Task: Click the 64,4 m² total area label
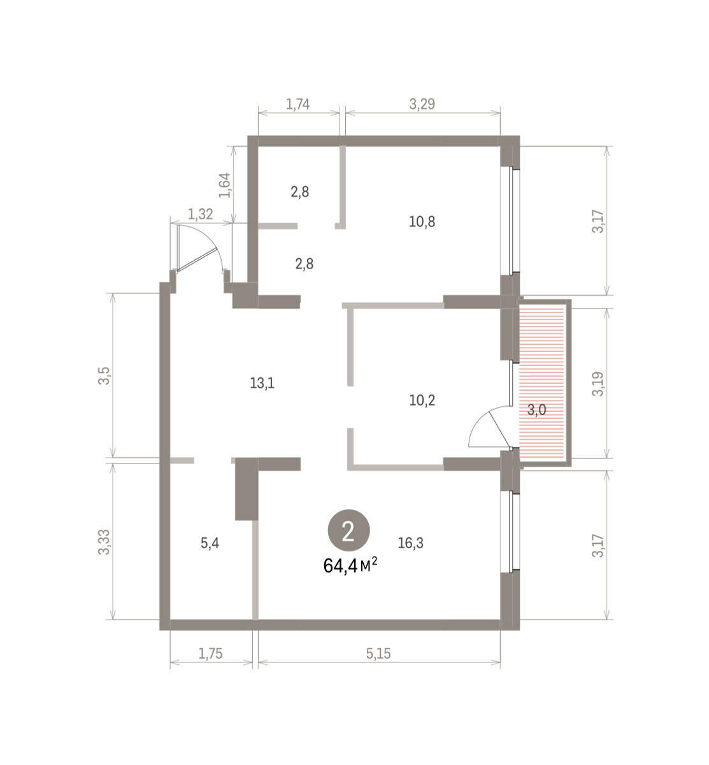click(x=350, y=566)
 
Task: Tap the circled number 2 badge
click(x=348, y=530)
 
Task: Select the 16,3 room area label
click(x=411, y=543)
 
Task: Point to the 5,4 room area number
click(x=210, y=543)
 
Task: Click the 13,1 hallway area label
click(x=262, y=383)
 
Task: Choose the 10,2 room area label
click(x=422, y=400)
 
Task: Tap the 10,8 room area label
click(x=422, y=222)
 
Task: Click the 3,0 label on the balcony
click(x=536, y=411)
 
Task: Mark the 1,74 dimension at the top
click(x=297, y=105)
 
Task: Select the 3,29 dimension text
click(x=422, y=104)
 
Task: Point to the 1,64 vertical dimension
click(x=225, y=186)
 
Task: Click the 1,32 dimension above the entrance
click(x=200, y=214)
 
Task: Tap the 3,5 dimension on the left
click(x=104, y=376)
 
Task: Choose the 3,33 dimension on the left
click(x=104, y=542)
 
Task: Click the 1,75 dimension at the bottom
click(x=210, y=653)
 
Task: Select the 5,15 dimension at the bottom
click(x=378, y=653)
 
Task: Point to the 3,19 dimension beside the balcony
click(x=598, y=384)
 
